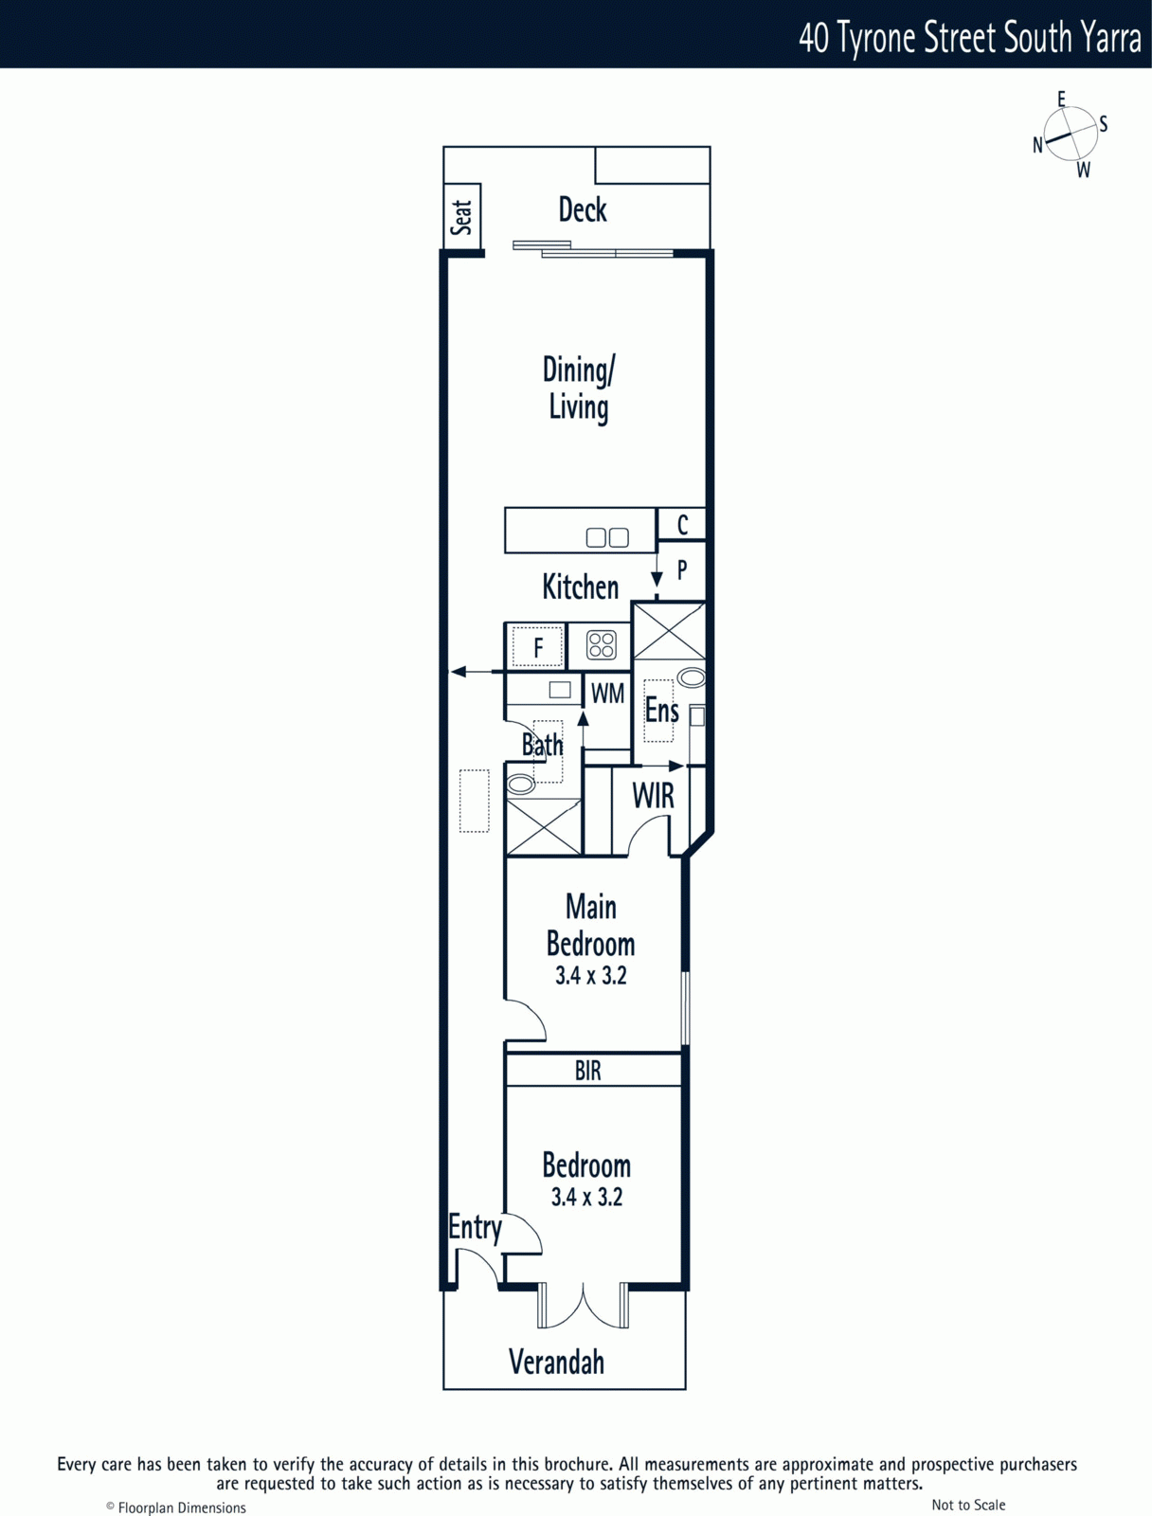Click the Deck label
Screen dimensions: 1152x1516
(x=583, y=210)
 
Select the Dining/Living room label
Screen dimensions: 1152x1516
(x=579, y=388)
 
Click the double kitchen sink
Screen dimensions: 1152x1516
(x=607, y=537)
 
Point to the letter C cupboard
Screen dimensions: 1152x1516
(x=682, y=525)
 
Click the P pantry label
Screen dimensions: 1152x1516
(x=682, y=569)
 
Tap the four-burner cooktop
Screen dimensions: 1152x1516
(x=602, y=646)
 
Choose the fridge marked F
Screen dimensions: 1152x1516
(x=537, y=647)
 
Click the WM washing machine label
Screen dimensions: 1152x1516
(x=607, y=694)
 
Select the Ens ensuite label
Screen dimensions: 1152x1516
(x=662, y=710)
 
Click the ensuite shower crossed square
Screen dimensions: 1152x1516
(x=669, y=631)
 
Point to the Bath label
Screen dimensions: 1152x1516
(x=542, y=745)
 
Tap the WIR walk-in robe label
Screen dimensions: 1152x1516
(x=653, y=796)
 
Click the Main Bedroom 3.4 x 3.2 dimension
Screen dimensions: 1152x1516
(x=591, y=976)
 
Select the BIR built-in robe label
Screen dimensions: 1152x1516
(x=588, y=1071)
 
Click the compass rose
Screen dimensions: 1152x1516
(x=1070, y=134)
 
